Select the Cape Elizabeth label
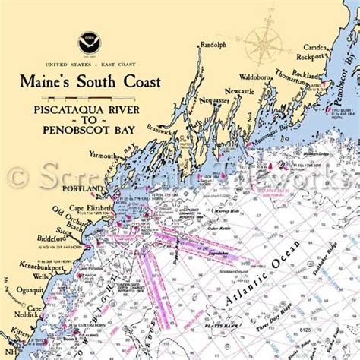click(x=91, y=207)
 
